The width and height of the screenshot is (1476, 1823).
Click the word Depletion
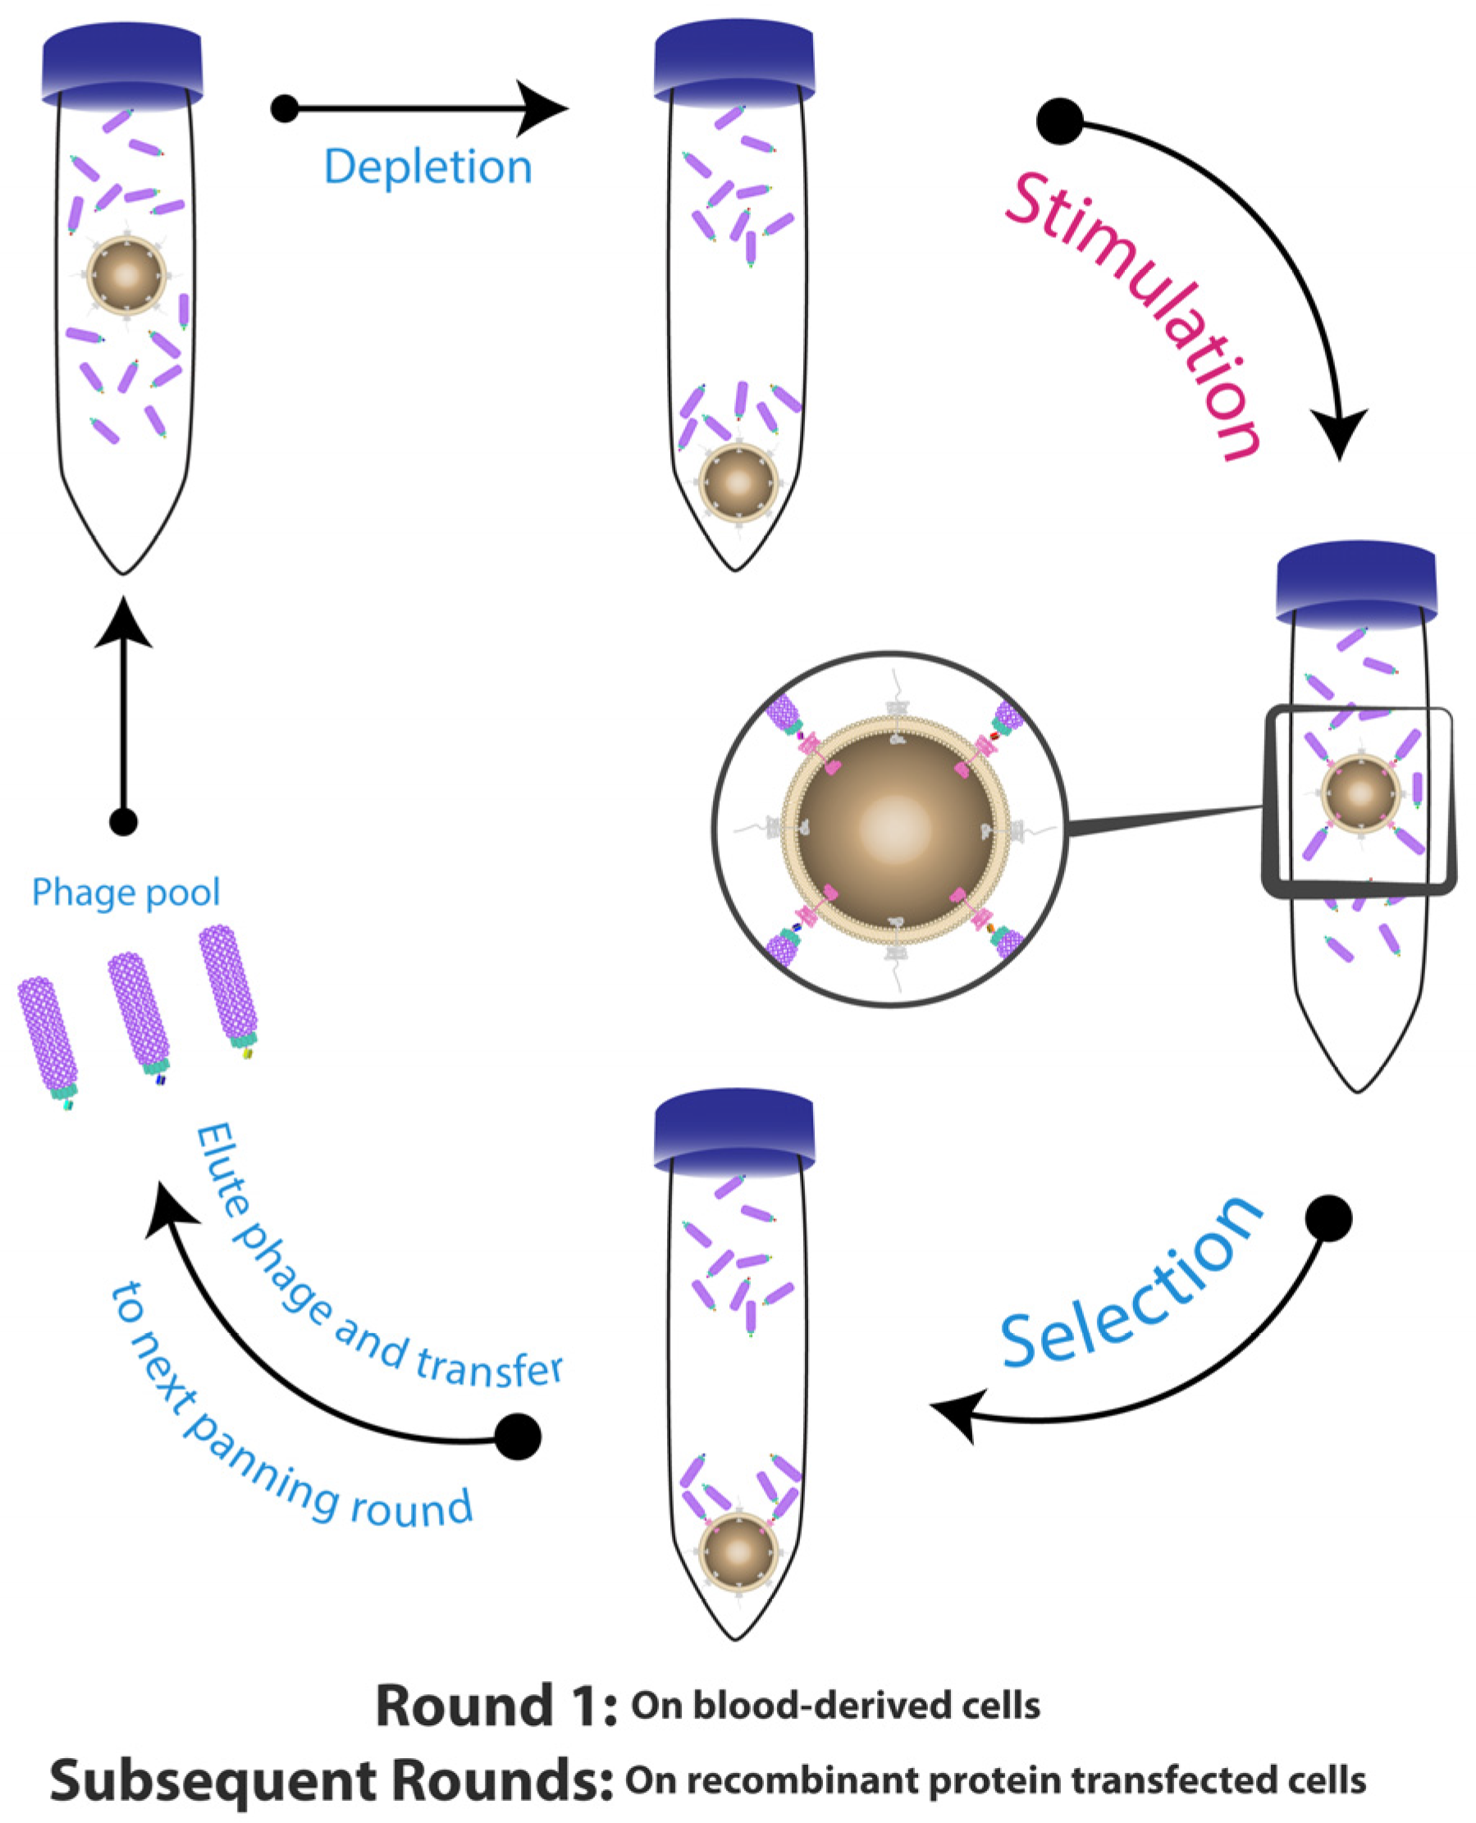pyautogui.click(x=427, y=167)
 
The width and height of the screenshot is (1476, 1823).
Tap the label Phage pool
pyautogui.click(x=126, y=893)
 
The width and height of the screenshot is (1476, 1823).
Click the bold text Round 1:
pyautogui.click(x=496, y=1706)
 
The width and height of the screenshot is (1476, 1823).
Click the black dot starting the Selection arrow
pyautogui.click(x=1328, y=1218)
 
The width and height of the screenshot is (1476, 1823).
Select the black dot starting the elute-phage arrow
pyautogui.click(x=518, y=1436)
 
